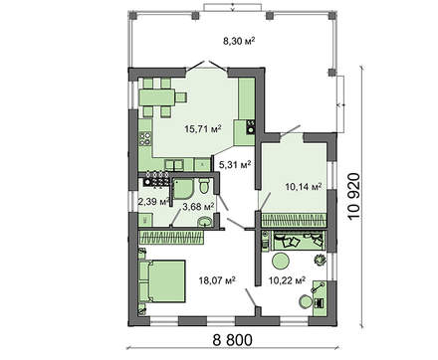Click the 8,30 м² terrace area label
[x=239, y=41]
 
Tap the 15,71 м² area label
[x=203, y=129]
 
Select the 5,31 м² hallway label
[x=235, y=164]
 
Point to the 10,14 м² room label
[x=304, y=187]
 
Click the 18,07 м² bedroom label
[x=217, y=280]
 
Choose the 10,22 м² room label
[x=287, y=281]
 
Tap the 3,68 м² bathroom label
[x=198, y=207]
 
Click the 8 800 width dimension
[x=232, y=340]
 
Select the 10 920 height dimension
[x=354, y=196]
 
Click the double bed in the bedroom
[x=162, y=281]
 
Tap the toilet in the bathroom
[x=204, y=186]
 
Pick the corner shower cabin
[x=182, y=189]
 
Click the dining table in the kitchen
[x=157, y=97]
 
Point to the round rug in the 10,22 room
[x=281, y=261]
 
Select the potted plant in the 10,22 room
[x=320, y=259]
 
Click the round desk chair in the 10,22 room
[x=306, y=302]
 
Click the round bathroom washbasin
[x=205, y=222]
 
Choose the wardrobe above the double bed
[x=171, y=238]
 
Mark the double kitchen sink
[x=174, y=165]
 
